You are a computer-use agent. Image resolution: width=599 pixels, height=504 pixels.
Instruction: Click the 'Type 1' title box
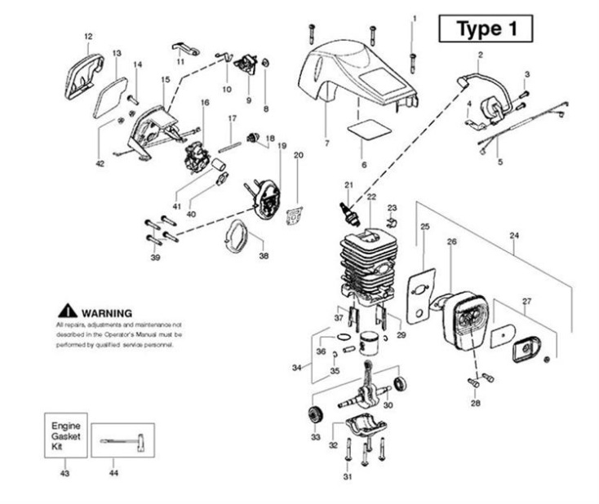(x=486, y=29)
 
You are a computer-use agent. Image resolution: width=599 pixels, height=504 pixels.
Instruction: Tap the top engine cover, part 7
(x=355, y=73)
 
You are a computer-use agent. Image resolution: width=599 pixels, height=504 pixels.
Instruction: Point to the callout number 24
(x=513, y=237)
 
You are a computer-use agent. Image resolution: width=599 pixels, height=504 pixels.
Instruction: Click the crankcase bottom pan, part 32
(x=365, y=427)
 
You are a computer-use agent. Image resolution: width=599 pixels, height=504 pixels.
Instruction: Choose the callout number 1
(x=414, y=18)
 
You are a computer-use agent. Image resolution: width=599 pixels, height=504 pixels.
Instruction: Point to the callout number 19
(x=282, y=145)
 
